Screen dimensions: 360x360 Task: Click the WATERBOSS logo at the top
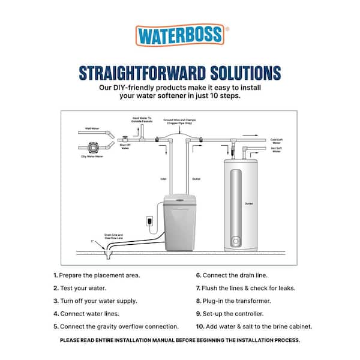[x=179, y=35]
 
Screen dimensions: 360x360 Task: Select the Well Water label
[x=91, y=128]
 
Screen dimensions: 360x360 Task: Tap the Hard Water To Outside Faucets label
[x=143, y=121]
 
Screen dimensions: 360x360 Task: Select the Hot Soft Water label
[x=277, y=151]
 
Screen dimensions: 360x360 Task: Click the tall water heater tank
[x=242, y=204]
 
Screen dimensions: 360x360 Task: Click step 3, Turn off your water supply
[x=95, y=301]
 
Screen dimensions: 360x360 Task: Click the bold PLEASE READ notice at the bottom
[x=179, y=340]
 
